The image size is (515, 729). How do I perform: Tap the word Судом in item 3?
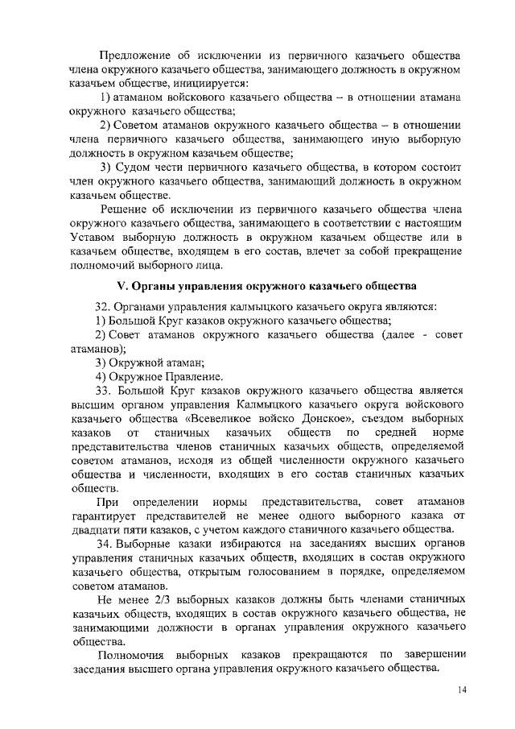(x=136, y=167)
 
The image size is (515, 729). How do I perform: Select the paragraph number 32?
(x=104, y=307)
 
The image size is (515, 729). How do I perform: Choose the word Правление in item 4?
(x=192, y=376)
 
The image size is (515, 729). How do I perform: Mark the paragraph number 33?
(x=104, y=391)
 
